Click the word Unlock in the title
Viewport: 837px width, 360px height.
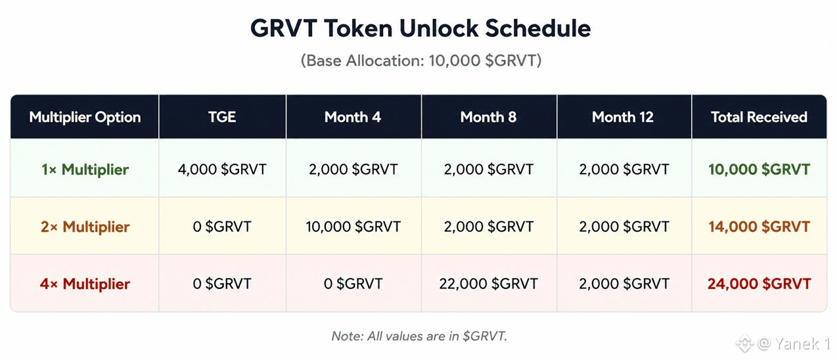tap(439, 28)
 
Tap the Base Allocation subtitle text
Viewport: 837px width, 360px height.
tap(421, 60)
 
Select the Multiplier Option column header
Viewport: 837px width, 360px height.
tap(85, 117)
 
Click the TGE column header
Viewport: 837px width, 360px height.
tap(222, 117)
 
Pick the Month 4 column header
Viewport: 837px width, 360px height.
tap(353, 117)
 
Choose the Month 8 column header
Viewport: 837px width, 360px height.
tap(488, 117)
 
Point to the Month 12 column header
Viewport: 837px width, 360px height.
tap(623, 117)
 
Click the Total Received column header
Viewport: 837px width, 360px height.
tap(759, 117)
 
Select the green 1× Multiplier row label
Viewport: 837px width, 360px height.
tap(85, 170)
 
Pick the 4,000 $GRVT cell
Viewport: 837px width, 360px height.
tap(222, 169)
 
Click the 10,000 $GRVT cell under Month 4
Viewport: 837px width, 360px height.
tap(353, 227)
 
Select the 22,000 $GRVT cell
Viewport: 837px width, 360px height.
tap(488, 284)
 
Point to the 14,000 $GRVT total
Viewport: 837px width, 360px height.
tap(759, 227)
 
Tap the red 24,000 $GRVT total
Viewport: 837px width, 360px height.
tap(759, 284)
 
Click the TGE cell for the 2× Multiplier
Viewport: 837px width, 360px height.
tap(222, 227)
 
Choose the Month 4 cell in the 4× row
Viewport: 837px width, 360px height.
tap(353, 284)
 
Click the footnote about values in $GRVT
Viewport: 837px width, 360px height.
tap(419, 336)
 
